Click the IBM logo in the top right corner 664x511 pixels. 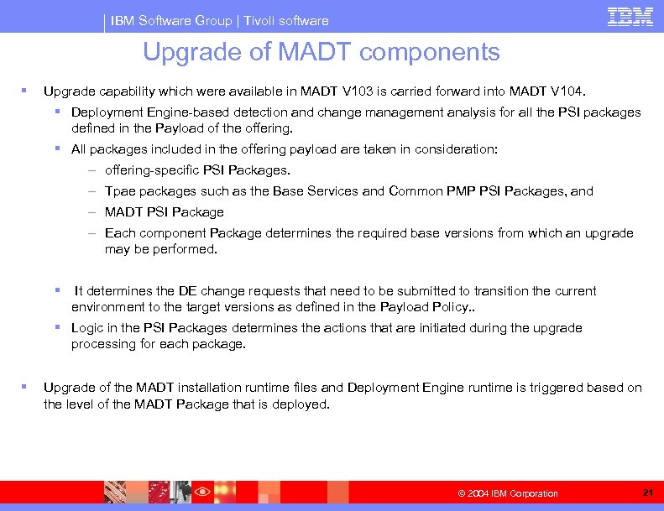click(x=630, y=17)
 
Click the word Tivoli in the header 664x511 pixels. click(x=260, y=20)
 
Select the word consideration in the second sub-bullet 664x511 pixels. click(x=453, y=149)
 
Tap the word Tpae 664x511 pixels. click(x=118, y=191)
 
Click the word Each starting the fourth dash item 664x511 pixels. click(x=119, y=233)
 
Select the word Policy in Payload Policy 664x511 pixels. click(x=447, y=306)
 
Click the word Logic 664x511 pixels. click(x=87, y=328)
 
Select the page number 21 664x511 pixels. click(x=647, y=492)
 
